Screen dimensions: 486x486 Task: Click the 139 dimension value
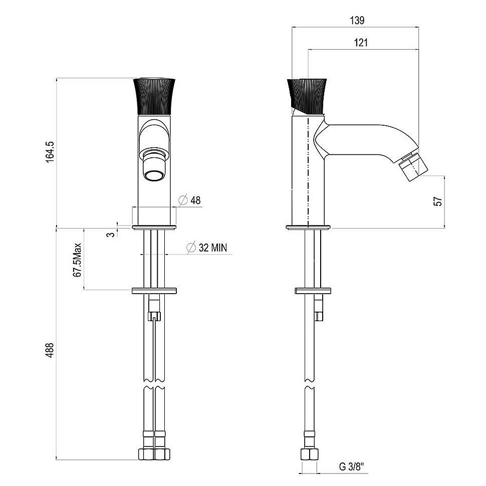(357, 21)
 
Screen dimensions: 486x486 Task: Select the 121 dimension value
(361, 43)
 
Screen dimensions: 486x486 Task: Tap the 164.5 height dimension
(50, 152)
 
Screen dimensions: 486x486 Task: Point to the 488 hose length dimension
(50, 350)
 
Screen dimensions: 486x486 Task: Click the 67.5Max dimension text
(77, 260)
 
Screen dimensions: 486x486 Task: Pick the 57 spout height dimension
(438, 201)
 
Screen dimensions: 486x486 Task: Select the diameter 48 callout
(190, 200)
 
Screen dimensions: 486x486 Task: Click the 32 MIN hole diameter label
(207, 248)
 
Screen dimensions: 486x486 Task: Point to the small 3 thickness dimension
(111, 234)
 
